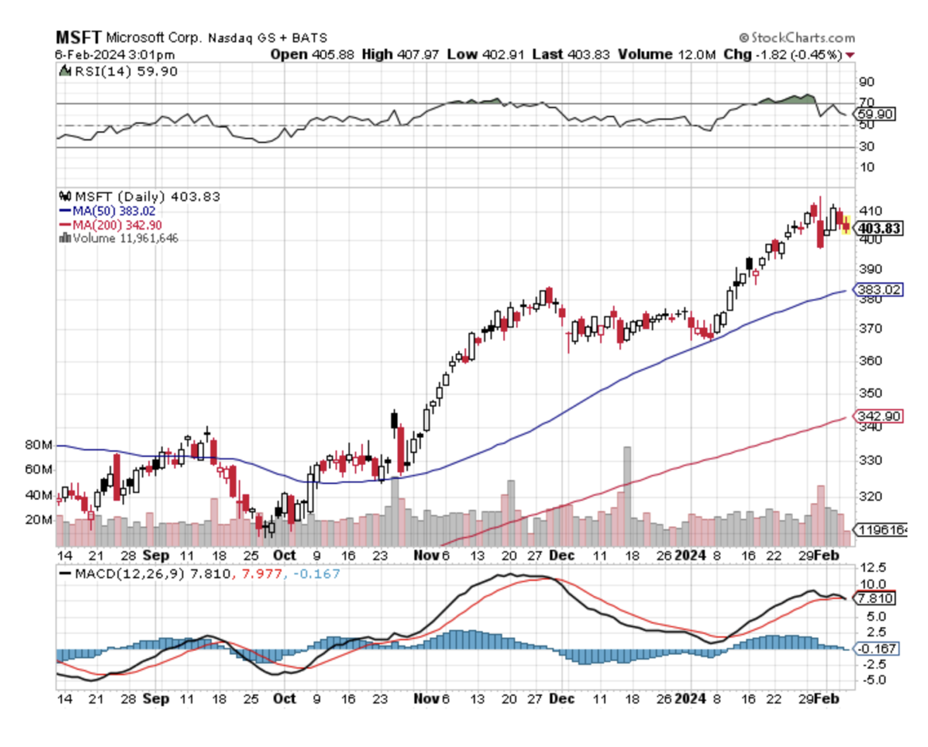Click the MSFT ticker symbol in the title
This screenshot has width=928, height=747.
tap(79, 37)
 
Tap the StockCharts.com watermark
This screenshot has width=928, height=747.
tap(796, 37)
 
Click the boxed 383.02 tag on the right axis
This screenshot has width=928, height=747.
tap(880, 290)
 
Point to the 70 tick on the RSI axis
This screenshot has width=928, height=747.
tap(866, 103)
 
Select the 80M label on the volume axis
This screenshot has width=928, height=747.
tap(37, 445)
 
